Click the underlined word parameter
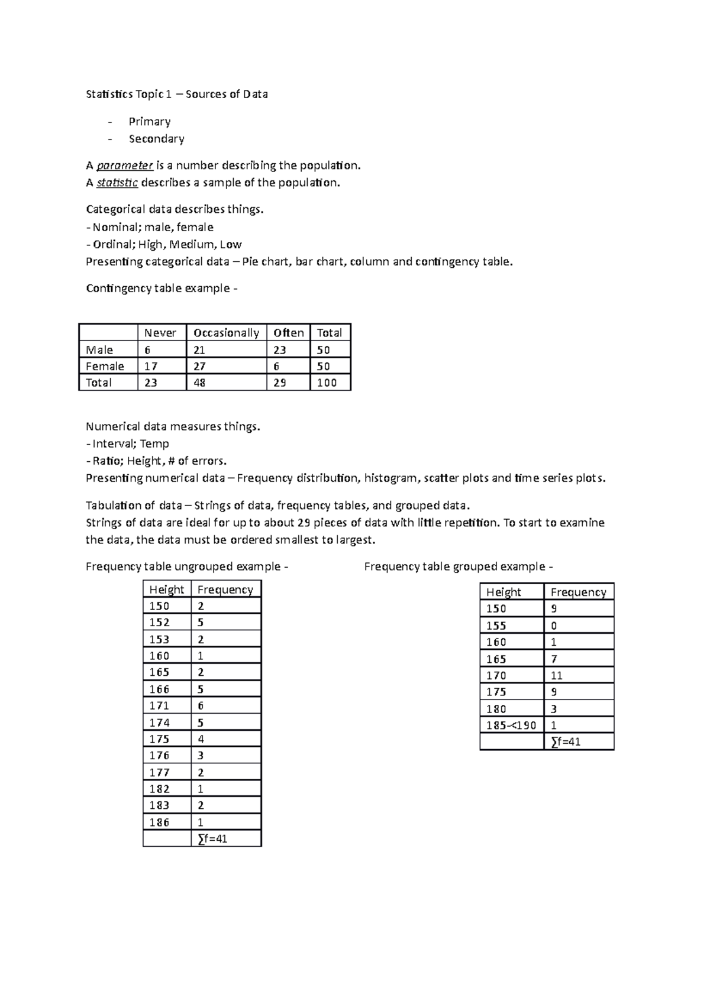[125, 166]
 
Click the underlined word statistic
[117, 183]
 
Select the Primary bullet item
[150, 122]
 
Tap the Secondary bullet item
[157, 139]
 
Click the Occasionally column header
[226, 333]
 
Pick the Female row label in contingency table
[105, 366]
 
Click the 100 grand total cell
[327, 383]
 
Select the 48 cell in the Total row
[199, 383]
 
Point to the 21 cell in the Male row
[199, 349]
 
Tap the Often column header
[288, 333]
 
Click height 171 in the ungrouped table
[159, 705]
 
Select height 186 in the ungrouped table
[159, 822]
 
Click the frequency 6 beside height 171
[201, 705]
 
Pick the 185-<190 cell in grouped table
[511, 725]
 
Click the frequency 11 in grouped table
[556, 675]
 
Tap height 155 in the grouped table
[496, 626]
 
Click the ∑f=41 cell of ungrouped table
[212, 838]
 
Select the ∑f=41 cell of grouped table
[566, 741]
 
